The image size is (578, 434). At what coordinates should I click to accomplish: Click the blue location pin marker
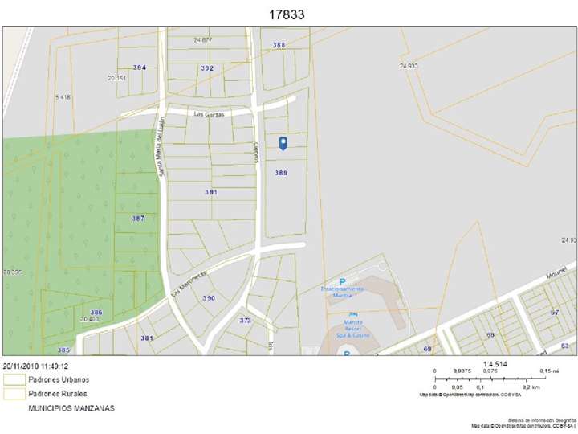point(283,143)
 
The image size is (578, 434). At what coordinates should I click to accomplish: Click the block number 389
point(281,173)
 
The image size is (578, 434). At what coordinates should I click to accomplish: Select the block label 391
point(211,192)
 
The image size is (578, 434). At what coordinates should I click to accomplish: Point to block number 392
point(207,68)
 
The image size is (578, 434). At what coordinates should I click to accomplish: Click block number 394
point(140,68)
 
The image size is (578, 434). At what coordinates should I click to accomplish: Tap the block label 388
point(279,45)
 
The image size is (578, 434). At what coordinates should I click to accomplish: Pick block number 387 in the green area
point(138,219)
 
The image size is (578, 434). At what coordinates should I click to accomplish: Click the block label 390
point(209,298)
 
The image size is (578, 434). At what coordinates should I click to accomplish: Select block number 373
point(246,320)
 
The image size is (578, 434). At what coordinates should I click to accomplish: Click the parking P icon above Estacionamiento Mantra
point(343,281)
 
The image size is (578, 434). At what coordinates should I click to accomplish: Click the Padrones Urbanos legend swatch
point(14,379)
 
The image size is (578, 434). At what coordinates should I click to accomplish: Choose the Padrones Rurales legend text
point(58,394)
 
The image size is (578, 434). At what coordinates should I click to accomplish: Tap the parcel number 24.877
point(203,39)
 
